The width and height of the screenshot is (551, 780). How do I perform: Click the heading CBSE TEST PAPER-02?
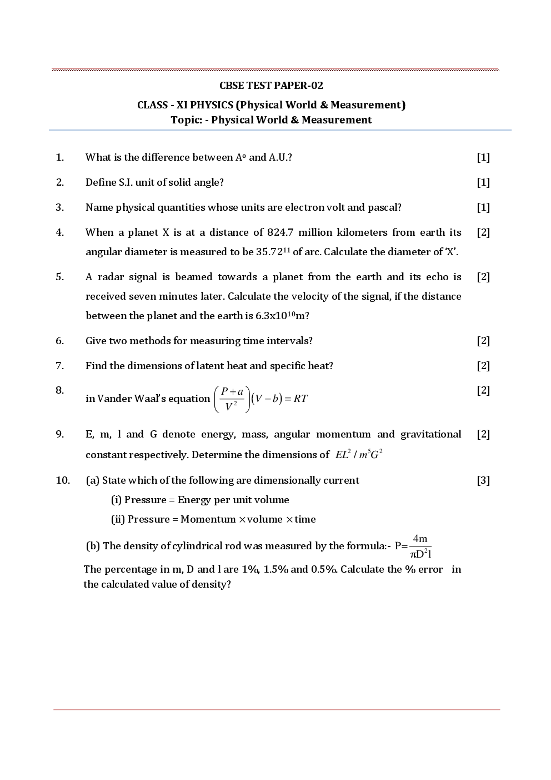[271, 86]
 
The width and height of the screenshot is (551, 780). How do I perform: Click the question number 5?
[60, 277]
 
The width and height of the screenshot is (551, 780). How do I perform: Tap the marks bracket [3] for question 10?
[483, 480]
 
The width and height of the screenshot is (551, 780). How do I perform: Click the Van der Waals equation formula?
[261, 399]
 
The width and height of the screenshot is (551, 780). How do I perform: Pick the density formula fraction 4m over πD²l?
[420, 546]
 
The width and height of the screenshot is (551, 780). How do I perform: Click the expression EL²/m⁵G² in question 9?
[359, 455]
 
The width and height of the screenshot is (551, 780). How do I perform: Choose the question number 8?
[60, 390]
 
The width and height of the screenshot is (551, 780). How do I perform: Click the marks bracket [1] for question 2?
[483, 182]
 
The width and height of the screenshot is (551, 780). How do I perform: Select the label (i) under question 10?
[116, 500]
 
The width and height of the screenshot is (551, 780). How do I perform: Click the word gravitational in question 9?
[430, 434]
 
